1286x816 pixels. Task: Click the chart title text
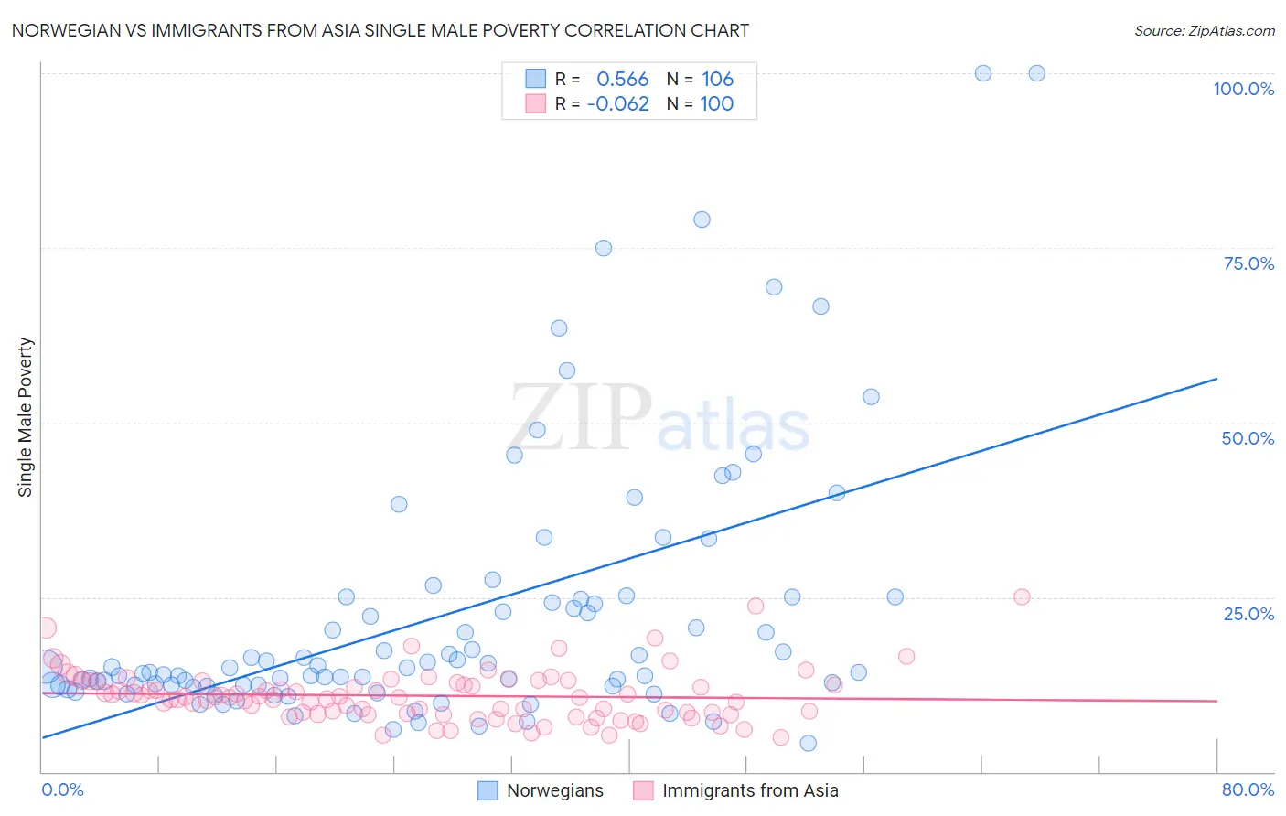[380, 30]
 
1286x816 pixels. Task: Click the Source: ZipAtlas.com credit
[1204, 30]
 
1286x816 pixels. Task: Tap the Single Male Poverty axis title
[26, 417]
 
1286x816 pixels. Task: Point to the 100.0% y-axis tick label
[1243, 89]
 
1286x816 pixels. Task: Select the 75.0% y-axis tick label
[1248, 263]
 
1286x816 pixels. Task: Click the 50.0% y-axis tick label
[1248, 438]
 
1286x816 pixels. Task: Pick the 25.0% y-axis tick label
[1248, 614]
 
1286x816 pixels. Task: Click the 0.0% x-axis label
[62, 789]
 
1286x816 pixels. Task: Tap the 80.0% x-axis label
[1248, 789]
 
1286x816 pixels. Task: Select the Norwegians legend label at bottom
[554, 791]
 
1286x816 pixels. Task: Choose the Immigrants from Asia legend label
[750, 791]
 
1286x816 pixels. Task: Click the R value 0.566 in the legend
[622, 80]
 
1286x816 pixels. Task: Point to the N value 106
[717, 80]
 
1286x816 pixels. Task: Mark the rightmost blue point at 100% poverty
[1036, 73]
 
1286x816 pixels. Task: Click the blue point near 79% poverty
[702, 220]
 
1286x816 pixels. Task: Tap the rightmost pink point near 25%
[1022, 596]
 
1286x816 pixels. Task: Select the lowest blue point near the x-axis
[808, 743]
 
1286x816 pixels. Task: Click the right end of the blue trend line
[1216, 378]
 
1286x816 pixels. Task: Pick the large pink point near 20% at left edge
[46, 628]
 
